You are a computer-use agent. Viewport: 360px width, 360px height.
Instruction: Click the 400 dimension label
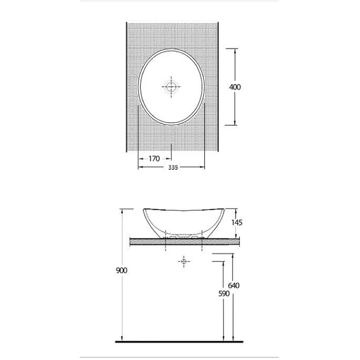235,87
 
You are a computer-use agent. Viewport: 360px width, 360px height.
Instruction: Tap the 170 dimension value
154,159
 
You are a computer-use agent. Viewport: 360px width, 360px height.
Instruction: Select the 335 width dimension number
173,167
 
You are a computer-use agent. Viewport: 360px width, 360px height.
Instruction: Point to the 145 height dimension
237,222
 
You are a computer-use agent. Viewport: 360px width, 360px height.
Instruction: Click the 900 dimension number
121,270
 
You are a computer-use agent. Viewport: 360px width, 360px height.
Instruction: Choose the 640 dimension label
234,285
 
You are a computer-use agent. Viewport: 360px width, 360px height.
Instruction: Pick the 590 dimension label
224,293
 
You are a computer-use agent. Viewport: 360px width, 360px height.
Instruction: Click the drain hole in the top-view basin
171,87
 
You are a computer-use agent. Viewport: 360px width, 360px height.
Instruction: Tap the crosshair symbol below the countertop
184,261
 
